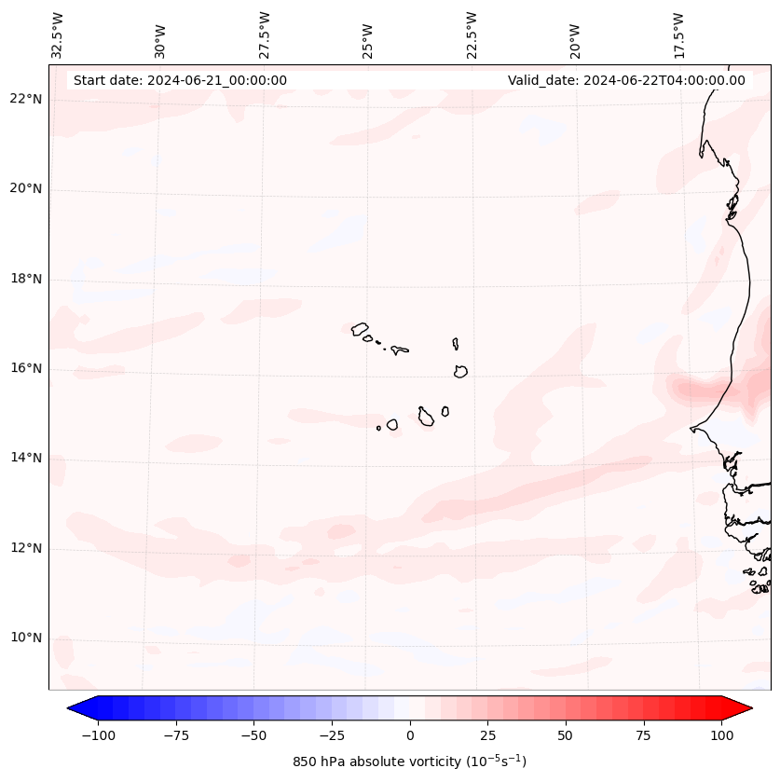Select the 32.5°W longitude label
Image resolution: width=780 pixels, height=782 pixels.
click(58, 34)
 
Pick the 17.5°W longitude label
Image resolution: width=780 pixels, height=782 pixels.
click(678, 34)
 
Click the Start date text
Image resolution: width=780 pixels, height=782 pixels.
click(180, 80)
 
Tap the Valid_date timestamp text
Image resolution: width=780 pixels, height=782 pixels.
click(626, 80)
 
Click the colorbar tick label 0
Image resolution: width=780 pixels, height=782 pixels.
click(409, 735)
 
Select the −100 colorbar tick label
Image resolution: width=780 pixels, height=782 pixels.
click(98, 735)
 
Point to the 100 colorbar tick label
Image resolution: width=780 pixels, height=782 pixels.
click(720, 735)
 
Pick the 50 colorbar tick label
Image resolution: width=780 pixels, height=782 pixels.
click(565, 735)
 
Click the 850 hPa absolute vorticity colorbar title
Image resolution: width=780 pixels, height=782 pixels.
click(409, 761)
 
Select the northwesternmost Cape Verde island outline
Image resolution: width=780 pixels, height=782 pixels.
click(360, 328)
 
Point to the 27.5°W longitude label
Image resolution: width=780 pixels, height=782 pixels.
click(265, 34)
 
